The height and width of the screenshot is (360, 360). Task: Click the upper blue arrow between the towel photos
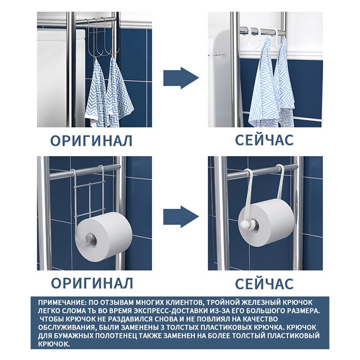click(181, 78)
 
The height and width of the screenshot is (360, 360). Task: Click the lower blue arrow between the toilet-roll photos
click(181, 217)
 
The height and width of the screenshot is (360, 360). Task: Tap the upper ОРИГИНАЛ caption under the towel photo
click(91, 141)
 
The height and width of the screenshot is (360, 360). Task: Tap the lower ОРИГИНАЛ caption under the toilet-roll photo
click(92, 283)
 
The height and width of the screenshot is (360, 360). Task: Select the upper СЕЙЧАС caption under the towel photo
click(264, 140)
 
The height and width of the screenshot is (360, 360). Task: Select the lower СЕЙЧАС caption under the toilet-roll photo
click(264, 283)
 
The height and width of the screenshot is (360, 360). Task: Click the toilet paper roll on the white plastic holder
click(266, 222)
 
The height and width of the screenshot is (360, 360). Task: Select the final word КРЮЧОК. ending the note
click(54, 344)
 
